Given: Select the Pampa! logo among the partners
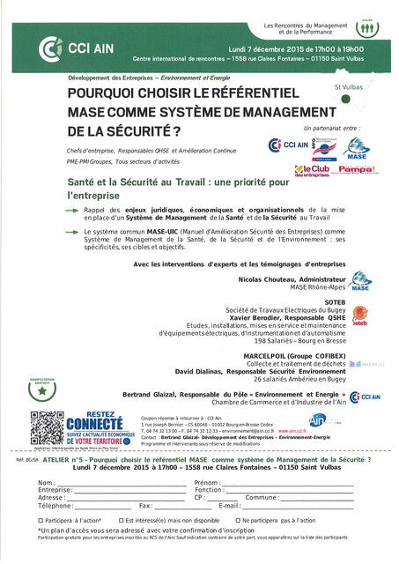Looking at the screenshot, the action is coord(358,167).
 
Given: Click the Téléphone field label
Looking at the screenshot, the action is coord(55,506).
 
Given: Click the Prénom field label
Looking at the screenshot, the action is coord(207,484).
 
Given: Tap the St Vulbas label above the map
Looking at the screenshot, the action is coord(349,88).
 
